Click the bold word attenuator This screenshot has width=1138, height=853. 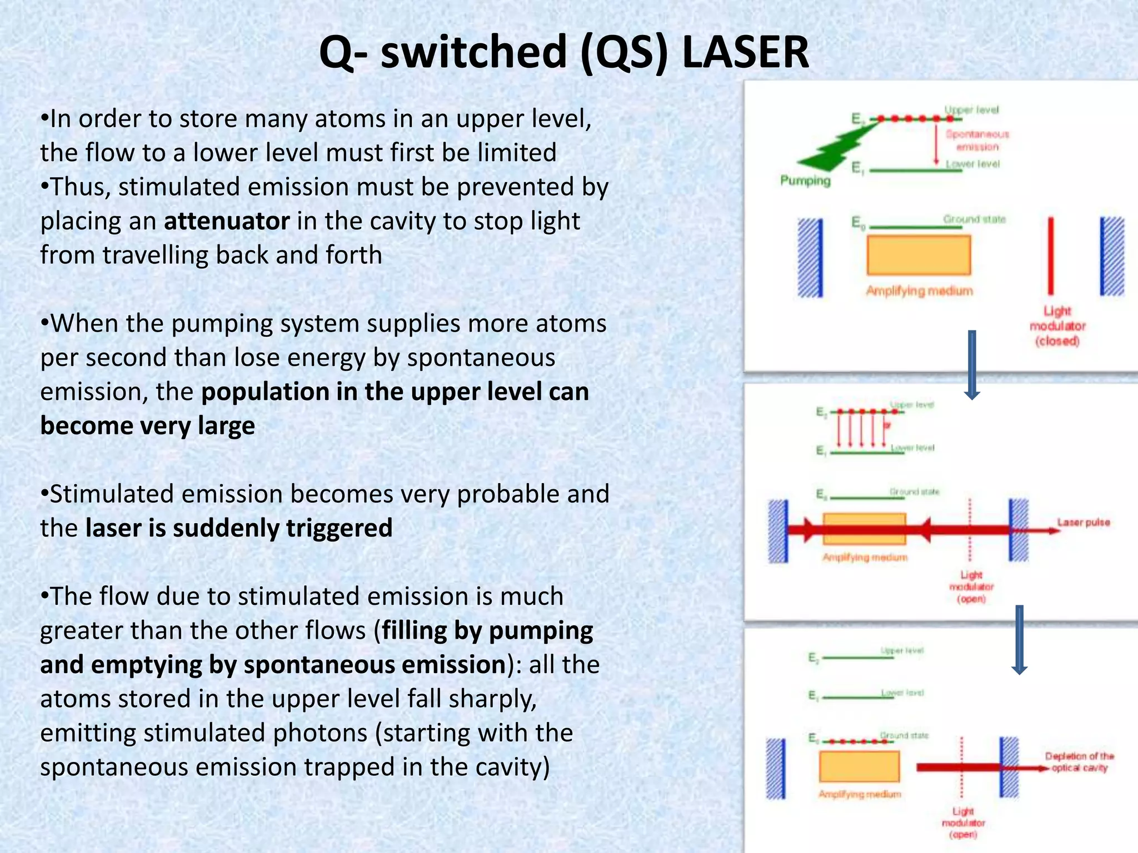[x=227, y=221]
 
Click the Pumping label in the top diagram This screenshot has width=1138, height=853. [x=805, y=180]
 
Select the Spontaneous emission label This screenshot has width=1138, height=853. [x=977, y=141]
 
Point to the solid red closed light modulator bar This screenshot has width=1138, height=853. [x=1050, y=255]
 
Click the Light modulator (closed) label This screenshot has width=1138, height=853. [x=1057, y=326]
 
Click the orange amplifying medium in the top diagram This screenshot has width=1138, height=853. [x=919, y=255]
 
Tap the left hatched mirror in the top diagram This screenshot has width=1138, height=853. [x=810, y=258]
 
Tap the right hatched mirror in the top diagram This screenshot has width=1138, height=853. [x=1112, y=257]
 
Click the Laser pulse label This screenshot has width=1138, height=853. [x=1083, y=523]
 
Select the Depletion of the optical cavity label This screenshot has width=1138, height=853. [x=1079, y=762]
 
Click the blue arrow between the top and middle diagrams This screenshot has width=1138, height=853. [x=972, y=364]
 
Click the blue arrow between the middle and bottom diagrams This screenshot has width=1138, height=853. [x=1019, y=639]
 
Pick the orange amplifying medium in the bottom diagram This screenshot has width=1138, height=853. [x=859, y=766]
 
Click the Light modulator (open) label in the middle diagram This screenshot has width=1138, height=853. [x=971, y=587]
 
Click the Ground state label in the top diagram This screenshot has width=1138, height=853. [x=974, y=219]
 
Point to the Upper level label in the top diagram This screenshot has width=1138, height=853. [x=971, y=110]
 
